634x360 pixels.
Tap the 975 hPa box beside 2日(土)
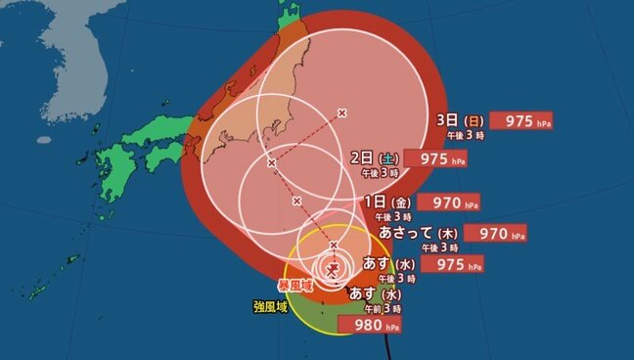tap(432, 159)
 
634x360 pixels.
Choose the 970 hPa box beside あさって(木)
tap(495, 234)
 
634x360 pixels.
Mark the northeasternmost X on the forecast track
tap(341, 112)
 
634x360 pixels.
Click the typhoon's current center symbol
tap(333, 268)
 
